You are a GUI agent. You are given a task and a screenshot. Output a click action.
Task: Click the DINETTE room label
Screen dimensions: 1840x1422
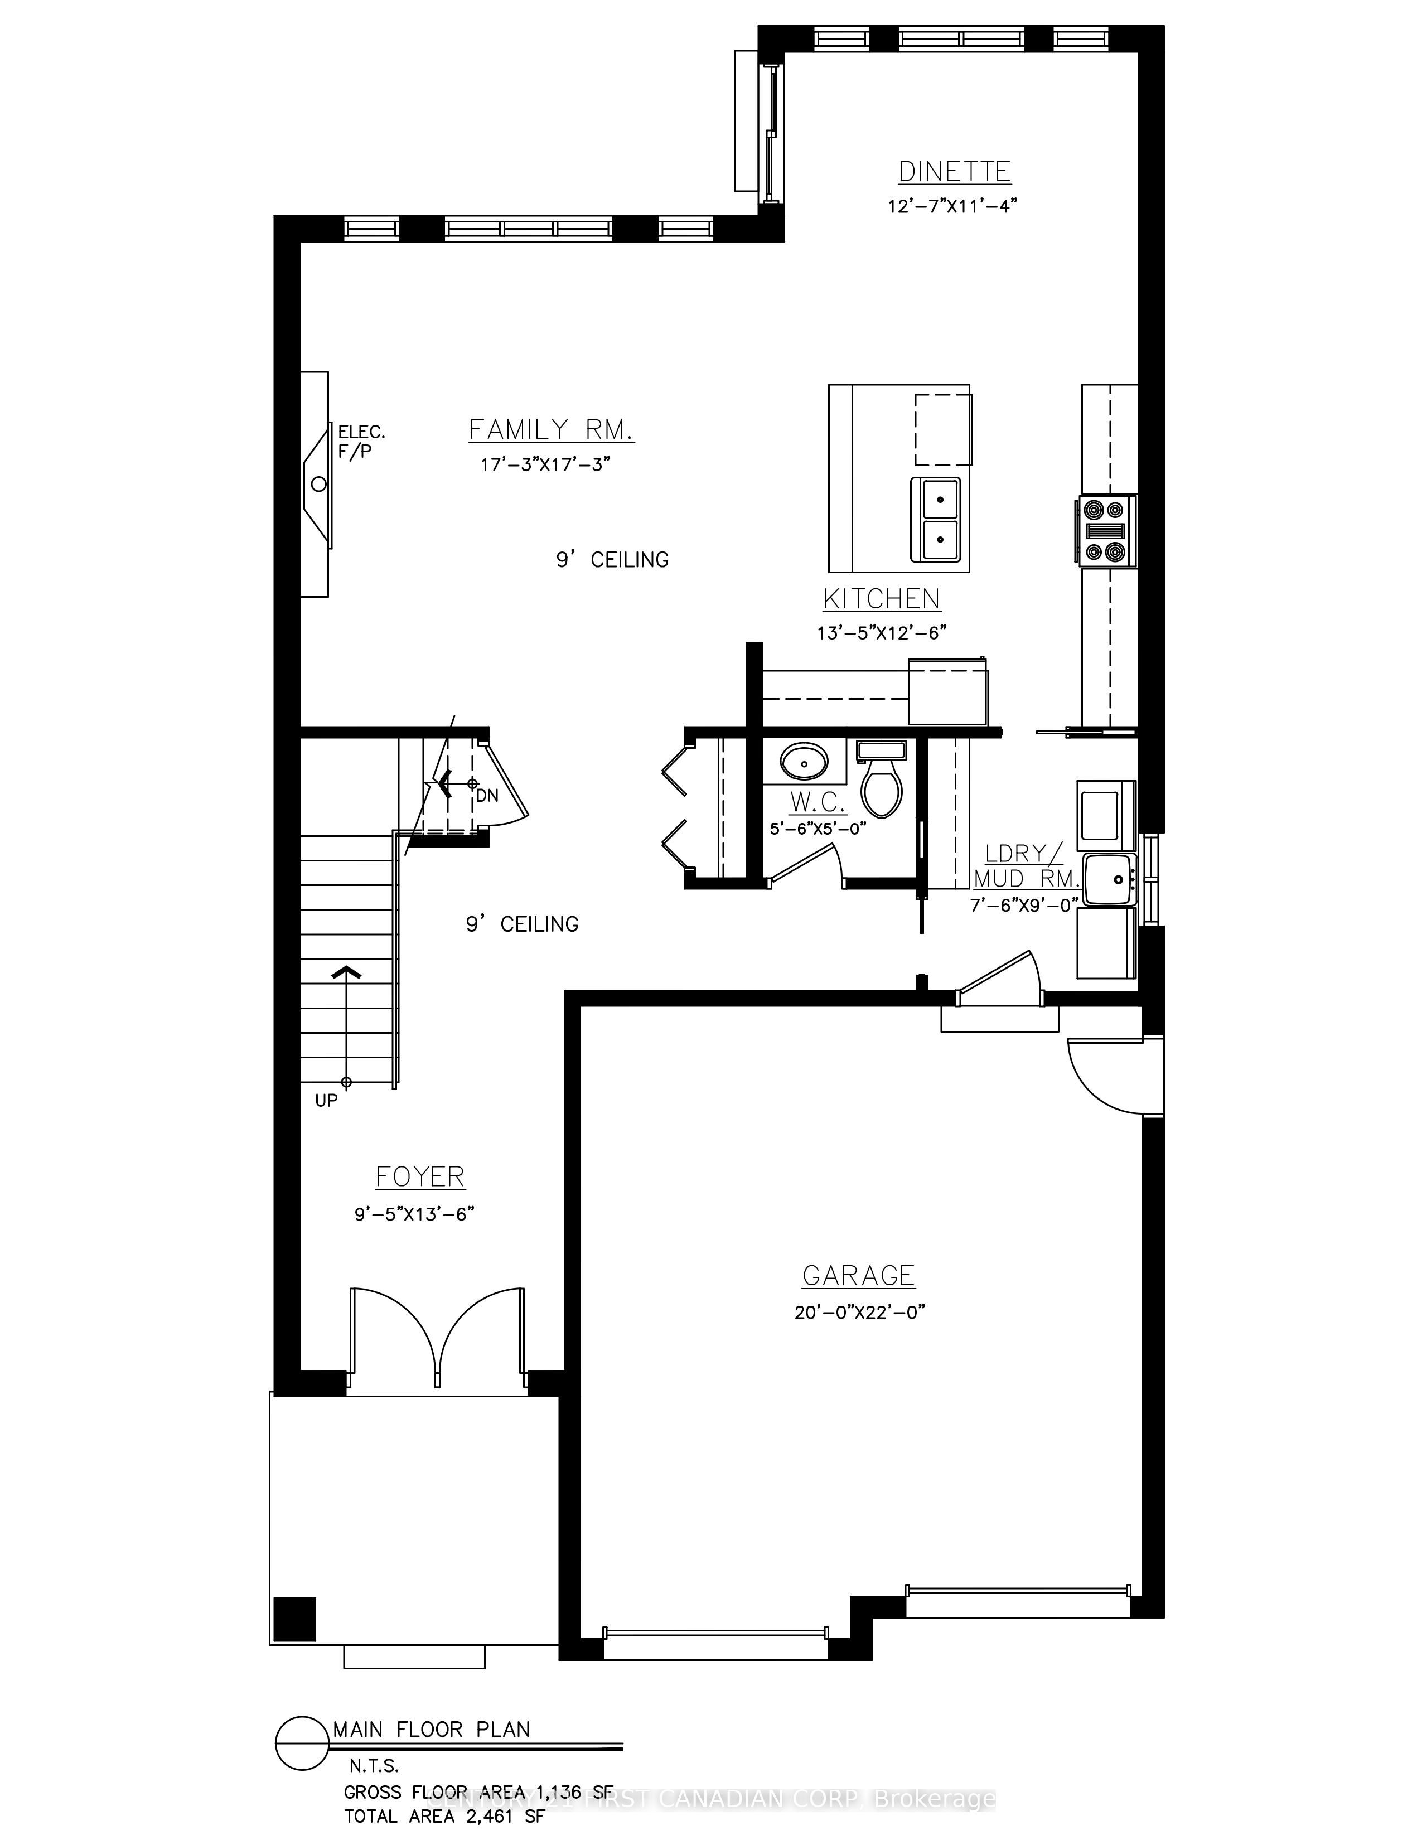954,172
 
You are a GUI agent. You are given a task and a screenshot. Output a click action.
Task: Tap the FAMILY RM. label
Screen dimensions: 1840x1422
551,430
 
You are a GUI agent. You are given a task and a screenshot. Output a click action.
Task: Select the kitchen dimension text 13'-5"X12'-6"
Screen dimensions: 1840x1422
881,633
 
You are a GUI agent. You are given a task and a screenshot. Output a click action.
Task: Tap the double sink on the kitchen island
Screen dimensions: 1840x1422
936,519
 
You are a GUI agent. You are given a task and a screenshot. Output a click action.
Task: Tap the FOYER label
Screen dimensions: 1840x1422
419,1177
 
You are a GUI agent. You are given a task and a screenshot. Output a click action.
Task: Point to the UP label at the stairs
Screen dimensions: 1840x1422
326,1100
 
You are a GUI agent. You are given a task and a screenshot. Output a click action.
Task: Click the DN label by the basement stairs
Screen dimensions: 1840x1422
487,795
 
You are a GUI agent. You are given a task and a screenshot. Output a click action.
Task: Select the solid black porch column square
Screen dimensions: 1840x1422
295,1619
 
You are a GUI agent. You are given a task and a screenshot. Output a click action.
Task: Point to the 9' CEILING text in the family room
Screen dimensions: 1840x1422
612,559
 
